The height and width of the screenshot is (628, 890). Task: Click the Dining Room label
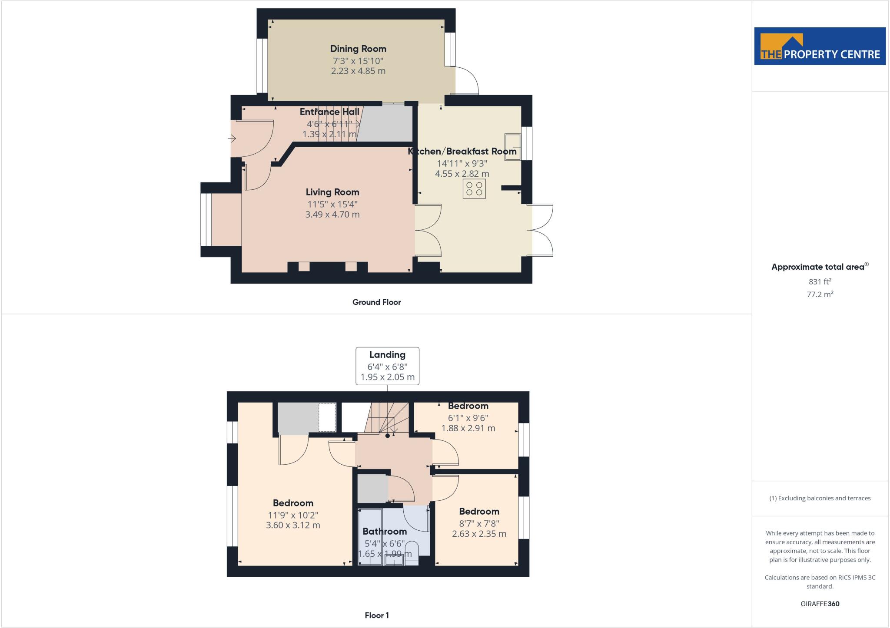click(358, 49)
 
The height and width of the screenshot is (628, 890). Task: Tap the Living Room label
click(332, 192)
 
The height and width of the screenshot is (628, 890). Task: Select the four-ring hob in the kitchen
click(474, 189)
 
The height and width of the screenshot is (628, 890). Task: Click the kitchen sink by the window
click(512, 147)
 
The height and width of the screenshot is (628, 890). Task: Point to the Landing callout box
click(387, 366)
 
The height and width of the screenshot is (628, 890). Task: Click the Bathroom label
click(385, 531)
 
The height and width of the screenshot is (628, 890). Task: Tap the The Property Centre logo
click(820, 46)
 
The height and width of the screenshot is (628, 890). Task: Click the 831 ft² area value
click(820, 281)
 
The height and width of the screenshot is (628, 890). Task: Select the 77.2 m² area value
click(820, 294)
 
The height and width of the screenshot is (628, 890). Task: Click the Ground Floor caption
click(376, 302)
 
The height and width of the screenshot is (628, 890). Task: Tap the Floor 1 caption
click(377, 615)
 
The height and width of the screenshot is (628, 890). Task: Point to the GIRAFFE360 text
click(820, 604)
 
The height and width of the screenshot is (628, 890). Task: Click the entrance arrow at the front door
click(232, 139)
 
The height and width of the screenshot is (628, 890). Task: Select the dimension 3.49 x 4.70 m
click(332, 215)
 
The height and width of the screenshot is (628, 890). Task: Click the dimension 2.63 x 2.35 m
click(479, 534)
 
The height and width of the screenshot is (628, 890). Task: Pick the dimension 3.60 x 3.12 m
click(293, 525)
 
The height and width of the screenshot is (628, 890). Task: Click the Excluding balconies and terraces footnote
click(820, 498)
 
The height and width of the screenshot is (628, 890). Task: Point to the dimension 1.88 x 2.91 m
click(468, 428)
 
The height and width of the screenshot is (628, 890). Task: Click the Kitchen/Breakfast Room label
click(462, 152)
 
